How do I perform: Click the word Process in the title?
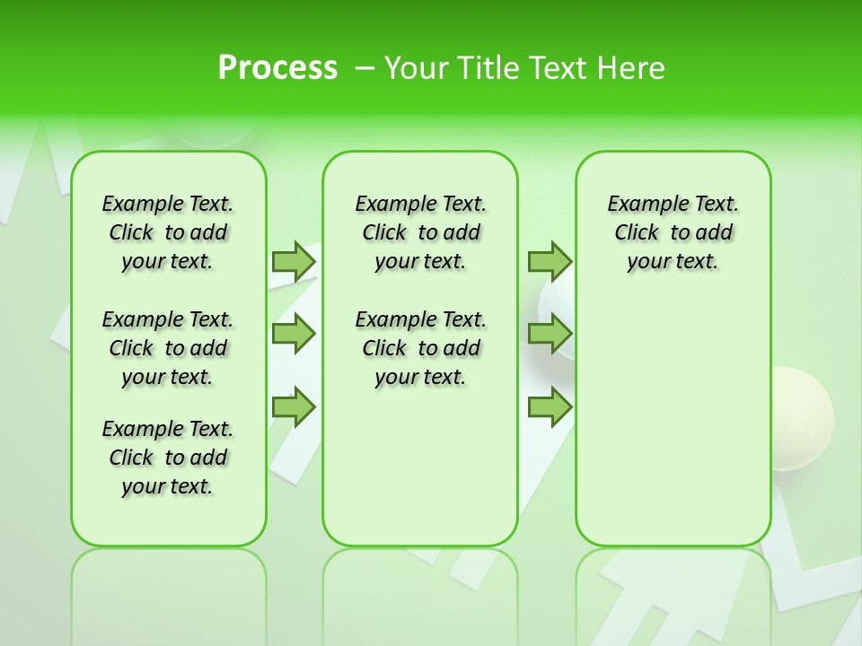[x=277, y=68]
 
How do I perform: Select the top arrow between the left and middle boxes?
[x=294, y=261]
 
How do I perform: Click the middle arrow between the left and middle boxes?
[x=294, y=334]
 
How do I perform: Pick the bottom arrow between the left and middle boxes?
[x=294, y=407]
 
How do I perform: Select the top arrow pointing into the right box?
[x=550, y=261]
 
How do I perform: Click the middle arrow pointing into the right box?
[x=550, y=334]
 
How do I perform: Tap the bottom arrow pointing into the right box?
[x=550, y=407]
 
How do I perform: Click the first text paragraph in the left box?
[x=168, y=232]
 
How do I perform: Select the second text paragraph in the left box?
[x=168, y=348]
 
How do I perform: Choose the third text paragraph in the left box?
[x=168, y=458]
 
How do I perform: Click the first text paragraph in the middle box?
[x=420, y=232]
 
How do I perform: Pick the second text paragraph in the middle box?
[x=420, y=348]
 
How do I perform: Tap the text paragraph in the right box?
[x=673, y=232]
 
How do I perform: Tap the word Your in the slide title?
[x=416, y=68]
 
